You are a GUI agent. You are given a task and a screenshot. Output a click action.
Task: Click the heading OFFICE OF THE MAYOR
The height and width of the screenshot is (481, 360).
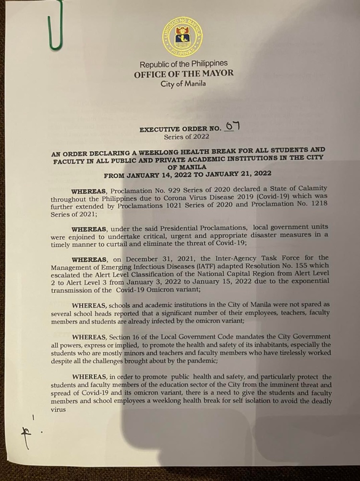coord(184,73)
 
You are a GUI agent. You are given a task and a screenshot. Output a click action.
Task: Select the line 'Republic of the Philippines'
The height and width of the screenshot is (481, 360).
coord(184,63)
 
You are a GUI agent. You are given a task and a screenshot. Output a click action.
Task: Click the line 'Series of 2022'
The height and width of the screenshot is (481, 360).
coord(184,137)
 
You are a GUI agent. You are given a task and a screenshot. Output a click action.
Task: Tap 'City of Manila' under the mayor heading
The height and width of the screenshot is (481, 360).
coord(184,84)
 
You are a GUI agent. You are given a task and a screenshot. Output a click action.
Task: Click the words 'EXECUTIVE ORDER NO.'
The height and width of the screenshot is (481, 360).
coord(180,129)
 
